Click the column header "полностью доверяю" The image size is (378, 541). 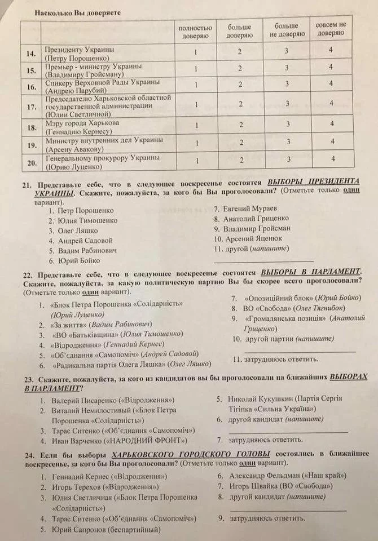click(195, 31)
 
